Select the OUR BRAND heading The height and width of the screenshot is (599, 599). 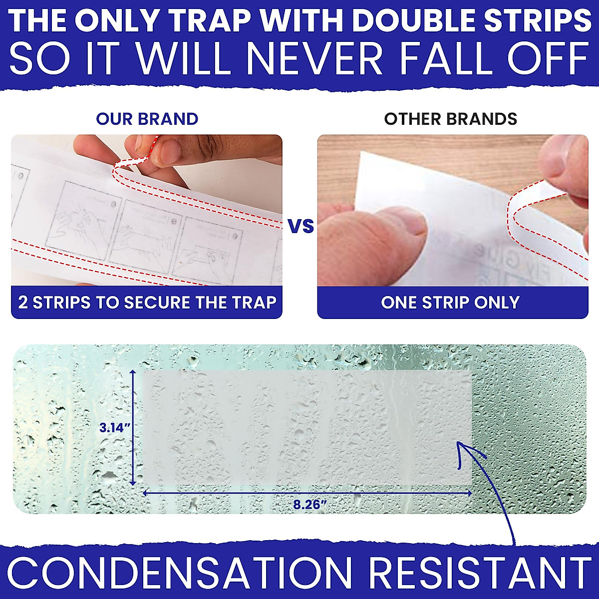147,119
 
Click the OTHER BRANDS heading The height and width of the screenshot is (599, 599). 450,119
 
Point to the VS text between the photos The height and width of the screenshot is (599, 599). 301,226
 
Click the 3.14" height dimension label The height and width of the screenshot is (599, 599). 115,428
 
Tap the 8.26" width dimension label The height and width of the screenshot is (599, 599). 309,504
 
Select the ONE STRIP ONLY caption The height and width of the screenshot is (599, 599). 450,302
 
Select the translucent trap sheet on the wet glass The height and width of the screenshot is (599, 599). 307,427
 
